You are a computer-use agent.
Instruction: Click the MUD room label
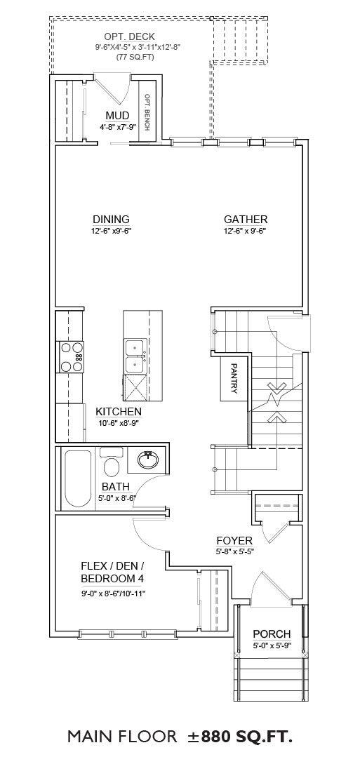pyautogui.click(x=117, y=116)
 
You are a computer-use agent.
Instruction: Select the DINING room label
pyautogui.click(x=111, y=220)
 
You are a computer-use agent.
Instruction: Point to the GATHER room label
pyautogui.click(x=246, y=220)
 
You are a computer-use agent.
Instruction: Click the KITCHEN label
pyautogui.click(x=119, y=412)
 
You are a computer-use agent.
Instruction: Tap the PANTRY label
pyautogui.click(x=234, y=377)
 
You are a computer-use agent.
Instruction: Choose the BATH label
pyautogui.click(x=116, y=486)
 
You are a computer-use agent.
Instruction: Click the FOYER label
pyautogui.click(x=235, y=541)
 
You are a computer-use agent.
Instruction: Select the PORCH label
pyautogui.click(x=272, y=634)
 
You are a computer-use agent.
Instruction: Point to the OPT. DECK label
pyautogui.click(x=130, y=37)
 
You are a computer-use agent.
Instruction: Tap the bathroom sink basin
pyautogui.click(x=147, y=459)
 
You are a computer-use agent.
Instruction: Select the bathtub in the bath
pyautogui.click(x=78, y=479)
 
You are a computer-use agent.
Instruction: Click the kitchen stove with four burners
pyautogui.click(x=72, y=357)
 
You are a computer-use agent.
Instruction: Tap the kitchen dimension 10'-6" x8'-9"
pyautogui.click(x=118, y=423)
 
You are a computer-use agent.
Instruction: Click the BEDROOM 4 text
pyautogui.click(x=112, y=579)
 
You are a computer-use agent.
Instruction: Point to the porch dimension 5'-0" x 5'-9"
pyautogui.click(x=272, y=646)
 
